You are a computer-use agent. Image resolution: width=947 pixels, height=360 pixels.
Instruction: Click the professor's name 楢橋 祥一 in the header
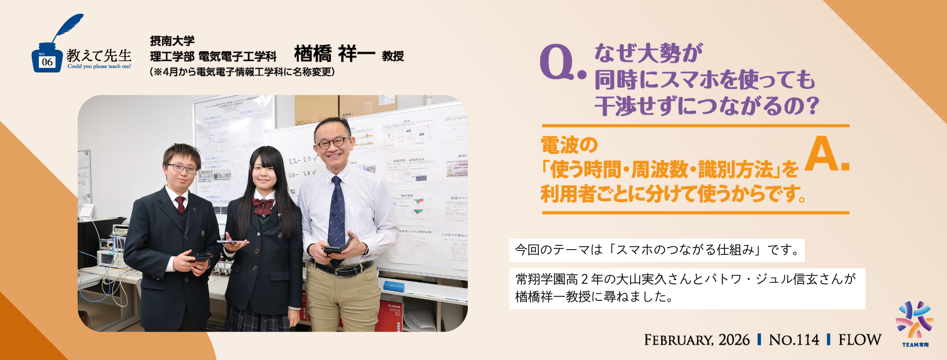tap(334, 54)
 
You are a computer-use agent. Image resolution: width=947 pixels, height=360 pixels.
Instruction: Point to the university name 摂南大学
tap(172, 41)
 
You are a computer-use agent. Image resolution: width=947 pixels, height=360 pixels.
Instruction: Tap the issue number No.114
tap(794, 340)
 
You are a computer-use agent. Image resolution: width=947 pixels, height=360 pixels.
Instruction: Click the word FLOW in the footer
tap(859, 340)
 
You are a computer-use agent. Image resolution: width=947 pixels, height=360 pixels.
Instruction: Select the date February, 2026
tap(697, 340)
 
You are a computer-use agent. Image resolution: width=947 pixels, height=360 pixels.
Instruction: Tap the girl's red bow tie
tap(263, 206)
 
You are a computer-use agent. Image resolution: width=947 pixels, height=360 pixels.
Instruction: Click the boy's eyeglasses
tap(182, 168)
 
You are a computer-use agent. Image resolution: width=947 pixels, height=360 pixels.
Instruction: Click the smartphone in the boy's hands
tap(202, 258)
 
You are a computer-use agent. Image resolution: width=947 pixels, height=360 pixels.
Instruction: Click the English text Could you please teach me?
tap(99, 67)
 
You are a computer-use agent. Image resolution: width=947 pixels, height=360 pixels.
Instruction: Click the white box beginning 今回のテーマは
tap(657, 250)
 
